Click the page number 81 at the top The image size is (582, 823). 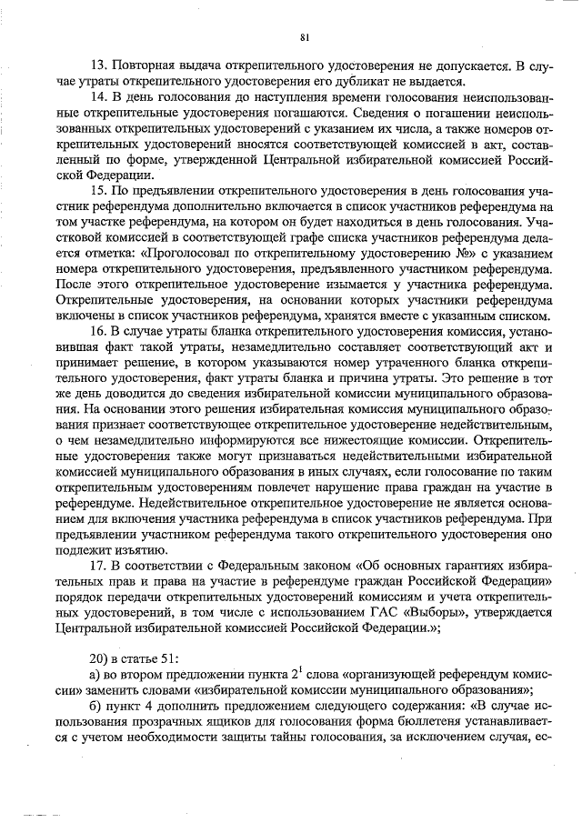point(304,37)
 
